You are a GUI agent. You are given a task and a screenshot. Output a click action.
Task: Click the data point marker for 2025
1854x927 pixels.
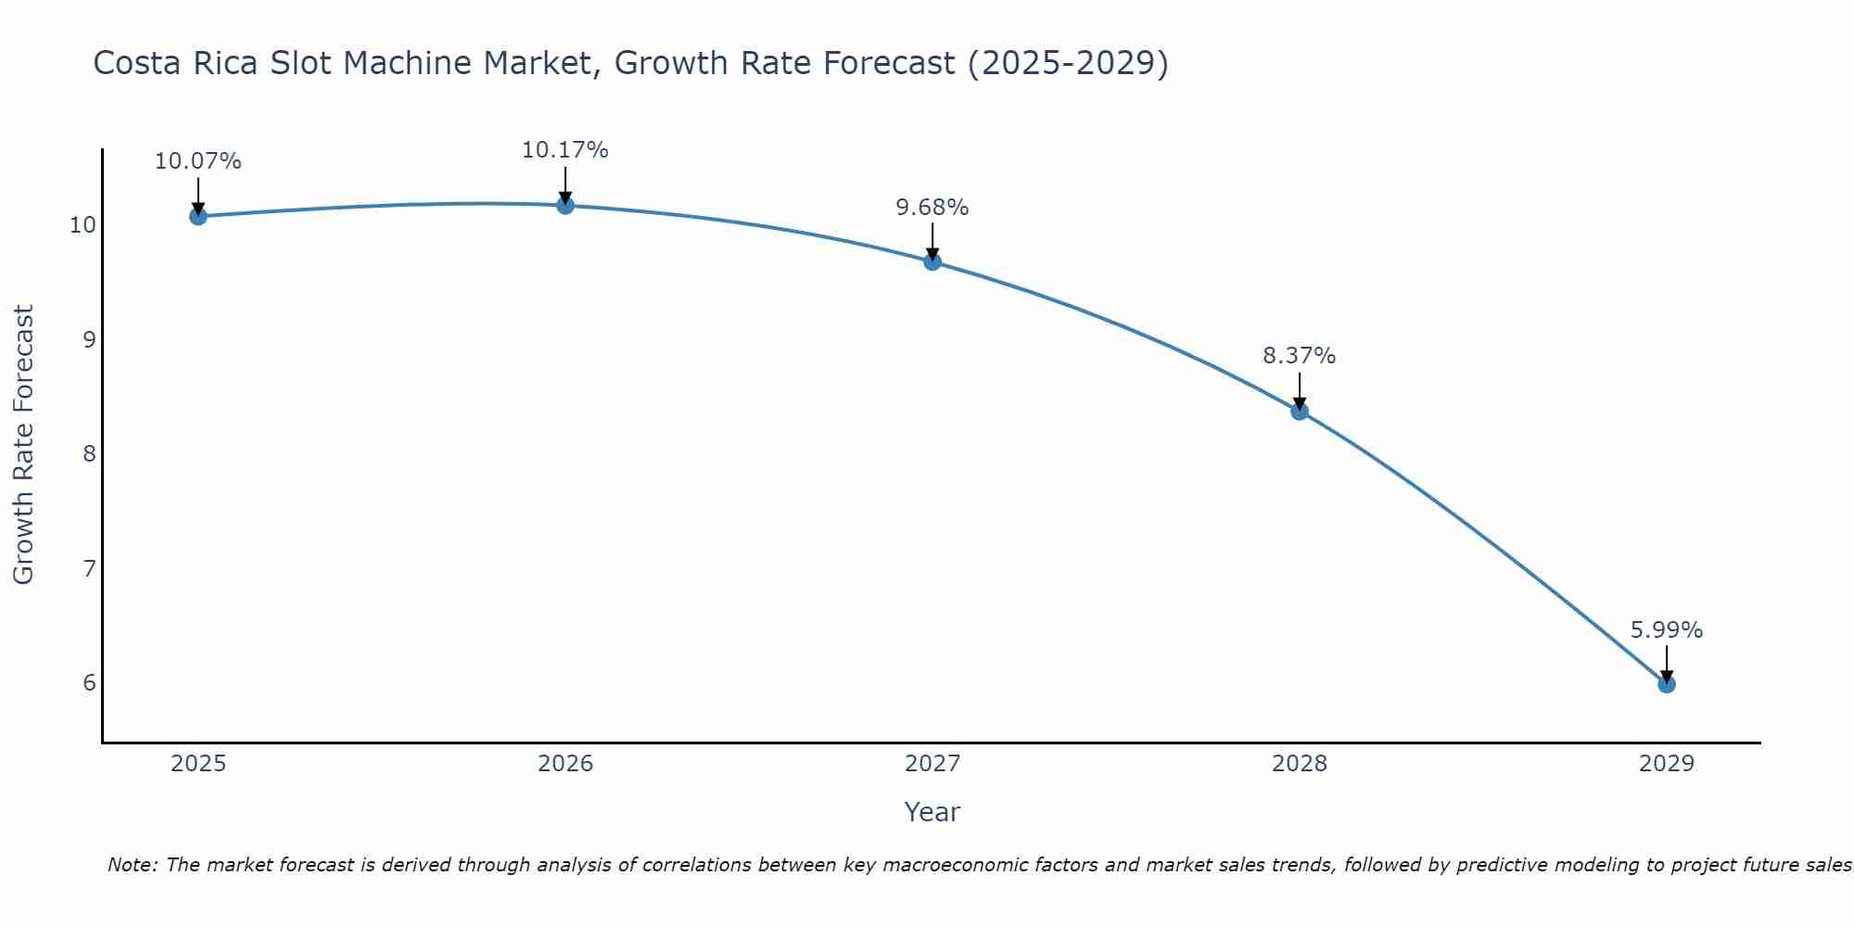pos(197,216)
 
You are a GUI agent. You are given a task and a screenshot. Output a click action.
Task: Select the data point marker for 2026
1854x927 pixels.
pos(565,205)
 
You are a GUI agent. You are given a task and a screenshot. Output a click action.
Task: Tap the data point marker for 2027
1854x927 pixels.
pos(933,261)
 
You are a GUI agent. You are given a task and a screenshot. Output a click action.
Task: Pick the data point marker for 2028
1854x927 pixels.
pos(1300,411)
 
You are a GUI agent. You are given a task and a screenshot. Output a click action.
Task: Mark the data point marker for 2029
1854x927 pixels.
pos(1667,684)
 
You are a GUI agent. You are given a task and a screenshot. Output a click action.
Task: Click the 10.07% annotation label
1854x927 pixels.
pos(197,161)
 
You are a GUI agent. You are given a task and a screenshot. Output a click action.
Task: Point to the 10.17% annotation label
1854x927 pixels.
pos(565,150)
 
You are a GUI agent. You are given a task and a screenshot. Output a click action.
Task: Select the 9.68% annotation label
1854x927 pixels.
pos(932,208)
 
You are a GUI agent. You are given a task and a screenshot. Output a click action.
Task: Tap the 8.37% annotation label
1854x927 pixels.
pos(1299,356)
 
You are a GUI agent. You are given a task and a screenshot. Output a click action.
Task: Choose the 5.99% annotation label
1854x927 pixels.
pos(1666,630)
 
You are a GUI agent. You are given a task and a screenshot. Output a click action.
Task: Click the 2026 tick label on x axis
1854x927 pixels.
pos(565,764)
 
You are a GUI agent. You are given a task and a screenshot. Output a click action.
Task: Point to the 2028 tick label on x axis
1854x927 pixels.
pos(1300,764)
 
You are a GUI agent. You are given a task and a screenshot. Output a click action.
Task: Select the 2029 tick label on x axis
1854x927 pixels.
pos(1667,764)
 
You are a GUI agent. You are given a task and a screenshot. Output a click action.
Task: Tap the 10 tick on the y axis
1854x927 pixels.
pos(83,225)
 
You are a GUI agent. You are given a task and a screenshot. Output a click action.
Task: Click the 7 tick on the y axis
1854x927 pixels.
pos(89,568)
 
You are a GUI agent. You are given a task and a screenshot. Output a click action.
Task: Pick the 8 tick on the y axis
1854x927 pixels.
pos(89,453)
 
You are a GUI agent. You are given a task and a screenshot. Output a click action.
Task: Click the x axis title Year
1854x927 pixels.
pos(932,812)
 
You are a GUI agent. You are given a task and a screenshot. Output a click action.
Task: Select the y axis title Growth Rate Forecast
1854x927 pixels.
pos(24,445)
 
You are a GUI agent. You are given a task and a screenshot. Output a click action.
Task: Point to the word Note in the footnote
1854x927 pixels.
pos(133,865)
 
